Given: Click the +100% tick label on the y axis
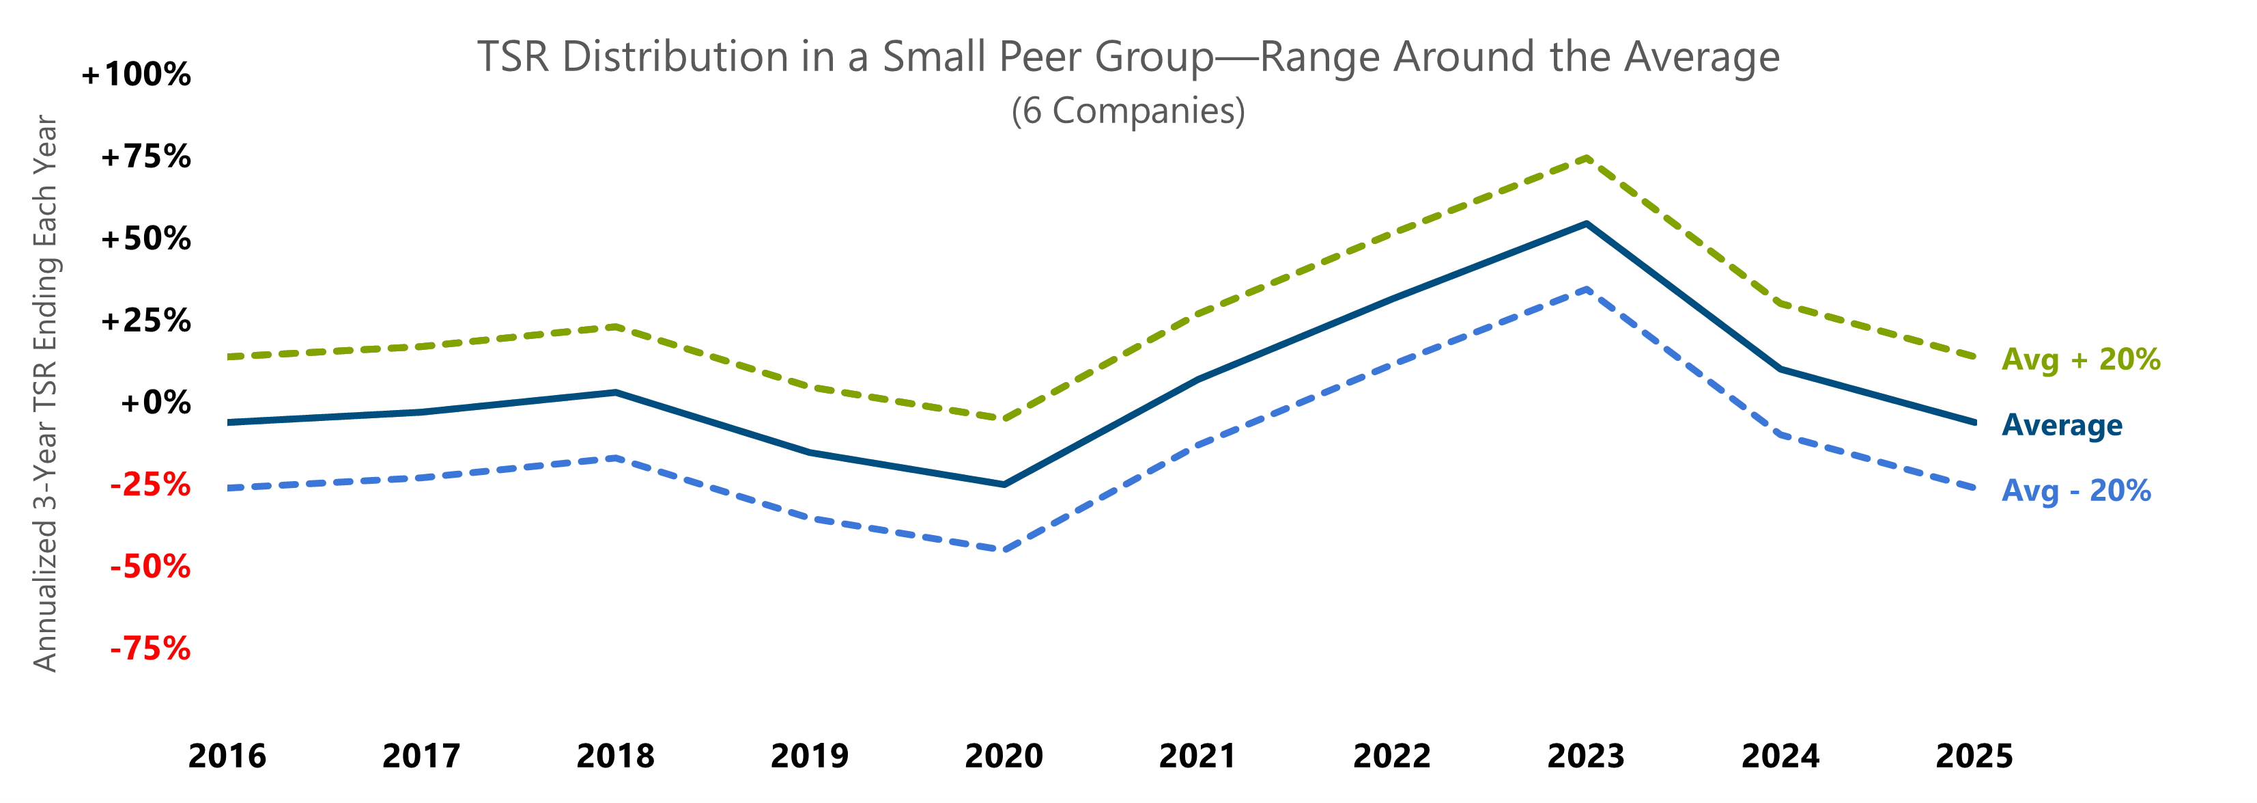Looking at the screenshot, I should click(136, 74).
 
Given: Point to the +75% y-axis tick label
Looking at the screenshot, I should click(145, 157).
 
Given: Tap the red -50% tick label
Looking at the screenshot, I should click(150, 567).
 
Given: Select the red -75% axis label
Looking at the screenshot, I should click(150, 649).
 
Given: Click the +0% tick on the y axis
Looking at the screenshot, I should click(155, 403).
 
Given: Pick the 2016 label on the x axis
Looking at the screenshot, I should click(227, 756).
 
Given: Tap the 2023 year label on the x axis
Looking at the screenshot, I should click(1586, 756).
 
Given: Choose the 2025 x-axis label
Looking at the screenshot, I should click(1974, 756).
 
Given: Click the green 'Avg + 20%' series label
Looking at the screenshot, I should click(2081, 359).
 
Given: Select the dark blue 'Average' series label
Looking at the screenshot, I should click(2062, 425).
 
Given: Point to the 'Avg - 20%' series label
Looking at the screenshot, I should click(2075, 491).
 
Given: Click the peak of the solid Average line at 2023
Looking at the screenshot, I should click(1587, 223).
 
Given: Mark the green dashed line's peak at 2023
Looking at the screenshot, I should click(1587, 158).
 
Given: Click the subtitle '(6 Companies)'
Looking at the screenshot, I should click(1128, 111).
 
